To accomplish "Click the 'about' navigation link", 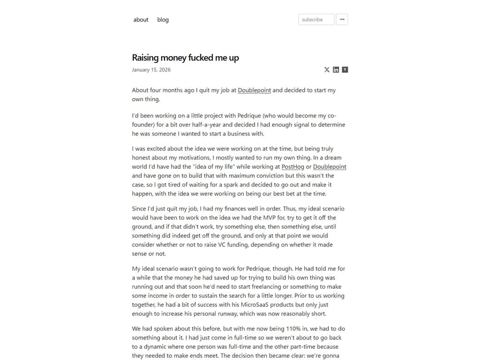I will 141,20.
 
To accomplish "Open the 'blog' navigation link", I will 163,20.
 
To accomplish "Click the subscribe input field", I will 316,20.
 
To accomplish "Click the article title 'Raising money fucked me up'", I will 185,58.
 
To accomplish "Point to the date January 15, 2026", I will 151,70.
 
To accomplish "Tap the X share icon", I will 327,70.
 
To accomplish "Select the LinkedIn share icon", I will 336,70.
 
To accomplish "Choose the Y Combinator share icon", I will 345,70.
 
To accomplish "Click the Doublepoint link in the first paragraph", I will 254,90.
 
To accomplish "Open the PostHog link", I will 292,166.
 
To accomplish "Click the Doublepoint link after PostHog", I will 330,166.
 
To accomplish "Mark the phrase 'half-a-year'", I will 209,125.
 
